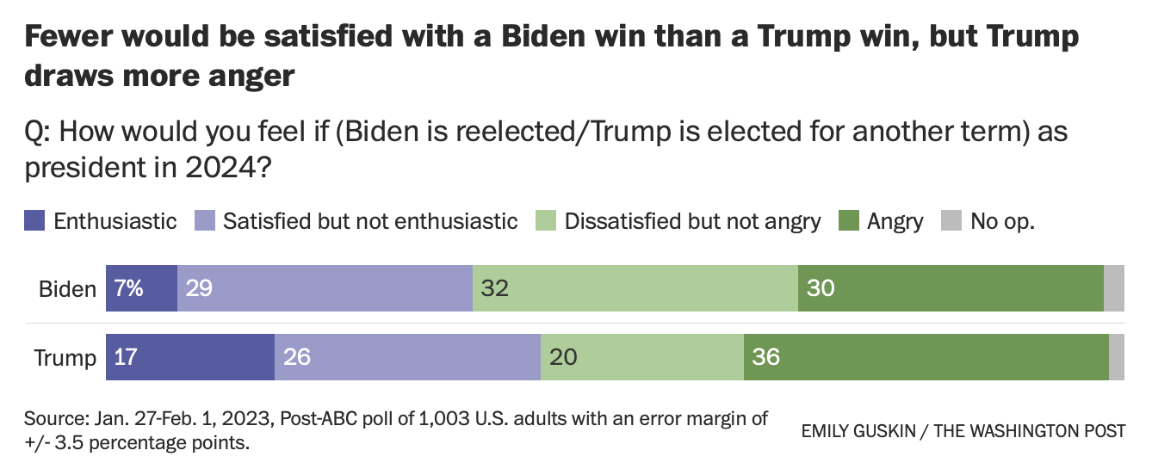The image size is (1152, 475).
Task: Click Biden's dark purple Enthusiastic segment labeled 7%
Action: click(141, 288)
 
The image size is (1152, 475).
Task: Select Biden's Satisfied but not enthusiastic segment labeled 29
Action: click(325, 288)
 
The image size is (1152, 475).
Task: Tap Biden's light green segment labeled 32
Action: click(635, 288)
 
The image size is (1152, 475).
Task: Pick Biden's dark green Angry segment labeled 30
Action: click(951, 288)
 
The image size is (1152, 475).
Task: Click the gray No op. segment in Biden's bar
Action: click(1113, 288)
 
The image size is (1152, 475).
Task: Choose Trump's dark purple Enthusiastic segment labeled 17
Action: click(189, 357)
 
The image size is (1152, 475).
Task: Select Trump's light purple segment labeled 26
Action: click(407, 357)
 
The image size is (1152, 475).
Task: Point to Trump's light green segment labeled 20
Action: click(641, 357)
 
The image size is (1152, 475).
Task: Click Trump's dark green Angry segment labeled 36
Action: click(926, 357)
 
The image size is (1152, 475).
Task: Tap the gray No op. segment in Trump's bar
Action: click(1116, 357)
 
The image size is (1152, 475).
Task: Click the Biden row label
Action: click(67, 289)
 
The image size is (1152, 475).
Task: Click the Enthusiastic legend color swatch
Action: click(34, 221)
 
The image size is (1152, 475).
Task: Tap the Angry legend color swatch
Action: click(848, 221)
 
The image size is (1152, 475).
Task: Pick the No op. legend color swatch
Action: click(951, 221)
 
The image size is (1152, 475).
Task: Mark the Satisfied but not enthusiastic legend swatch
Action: click(204, 221)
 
